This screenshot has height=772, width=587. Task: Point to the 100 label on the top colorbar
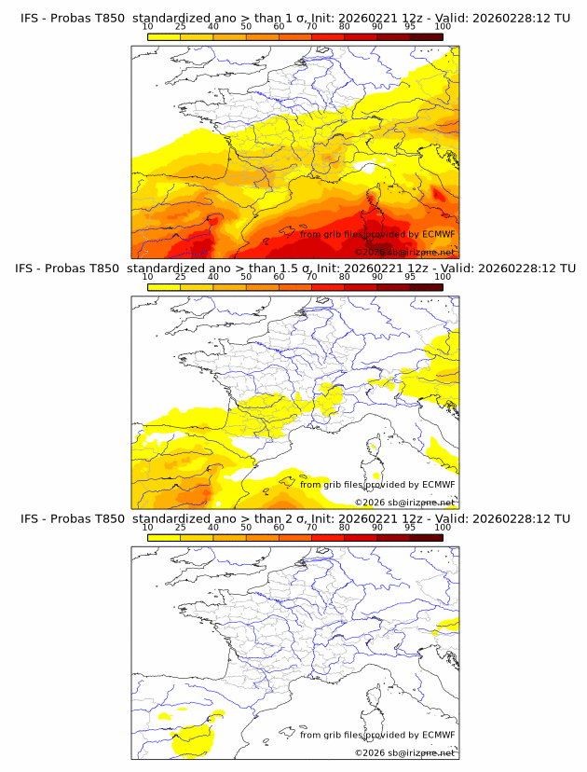[x=443, y=26]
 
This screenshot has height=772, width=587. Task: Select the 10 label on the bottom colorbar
[x=148, y=527]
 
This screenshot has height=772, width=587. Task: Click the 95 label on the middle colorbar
[x=410, y=277]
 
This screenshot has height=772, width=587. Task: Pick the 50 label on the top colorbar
[x=246, y=26]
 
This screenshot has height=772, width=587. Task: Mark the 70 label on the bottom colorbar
[x=311, y=527]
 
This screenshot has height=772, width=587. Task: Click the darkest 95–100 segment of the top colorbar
[x=426, y=36]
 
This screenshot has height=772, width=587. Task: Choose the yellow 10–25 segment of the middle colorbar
[x=164, y=287]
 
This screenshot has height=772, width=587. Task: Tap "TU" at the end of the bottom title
[x=561, y=518]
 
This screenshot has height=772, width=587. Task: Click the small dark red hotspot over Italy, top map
[x=437, y=194]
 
